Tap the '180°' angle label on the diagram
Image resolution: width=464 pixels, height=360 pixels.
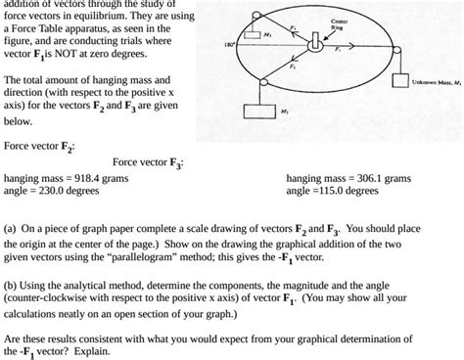click(x=227, y=45)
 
